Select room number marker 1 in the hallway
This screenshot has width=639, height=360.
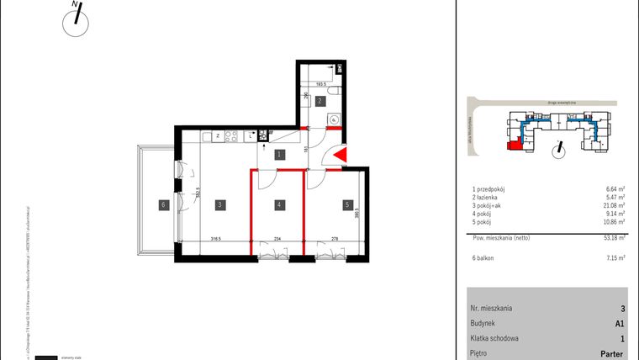pos(278,154)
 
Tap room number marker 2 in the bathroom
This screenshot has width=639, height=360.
pos(320,101)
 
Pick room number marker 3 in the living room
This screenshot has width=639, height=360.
pos(218,204)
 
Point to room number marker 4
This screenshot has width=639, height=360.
pos(278,204)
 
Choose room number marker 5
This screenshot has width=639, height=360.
pos(346,204)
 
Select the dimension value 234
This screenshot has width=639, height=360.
pos(278,238)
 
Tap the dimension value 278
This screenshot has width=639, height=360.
pos(335,238)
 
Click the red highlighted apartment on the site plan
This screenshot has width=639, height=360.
pos(512,145)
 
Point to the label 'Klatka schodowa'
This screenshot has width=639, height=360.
pos(495,338)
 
